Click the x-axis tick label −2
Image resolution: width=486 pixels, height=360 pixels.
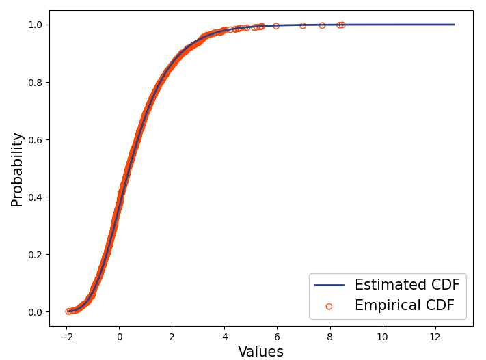click(66, 337)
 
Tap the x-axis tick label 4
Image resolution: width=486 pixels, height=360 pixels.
click(224, 337)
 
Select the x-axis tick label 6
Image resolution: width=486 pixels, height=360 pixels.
click(277, 337)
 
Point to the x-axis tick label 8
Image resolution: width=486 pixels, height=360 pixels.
click(329, 337)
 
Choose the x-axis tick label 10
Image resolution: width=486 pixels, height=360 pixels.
click(382, 337)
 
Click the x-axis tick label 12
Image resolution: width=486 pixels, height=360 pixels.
click(435, 337)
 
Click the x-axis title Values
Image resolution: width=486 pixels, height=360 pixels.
click(260, 352)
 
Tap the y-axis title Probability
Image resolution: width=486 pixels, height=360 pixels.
click(17, 169)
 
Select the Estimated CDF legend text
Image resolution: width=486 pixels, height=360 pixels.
click(407, 285)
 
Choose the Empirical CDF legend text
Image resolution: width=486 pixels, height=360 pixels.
click(404, 306)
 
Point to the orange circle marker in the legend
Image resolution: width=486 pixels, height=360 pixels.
click(329, 306)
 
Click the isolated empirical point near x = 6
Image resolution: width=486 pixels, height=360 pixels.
click(276, 26)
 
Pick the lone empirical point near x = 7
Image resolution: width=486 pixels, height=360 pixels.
click(303, 25)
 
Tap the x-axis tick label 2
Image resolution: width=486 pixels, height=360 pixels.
click(172, 337)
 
